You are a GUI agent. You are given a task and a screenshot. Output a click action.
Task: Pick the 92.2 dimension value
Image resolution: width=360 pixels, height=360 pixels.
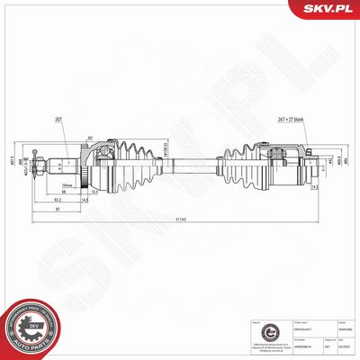[x=58, y=199]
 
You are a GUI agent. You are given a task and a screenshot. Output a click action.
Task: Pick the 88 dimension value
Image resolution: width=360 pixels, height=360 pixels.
[x=65, y=191]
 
